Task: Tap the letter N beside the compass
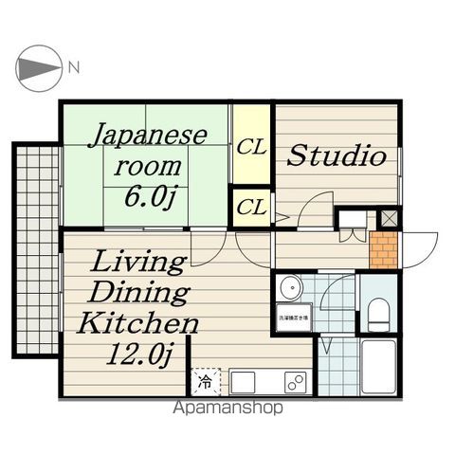click(x=74, y=67)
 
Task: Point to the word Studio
click(x=337, y=155)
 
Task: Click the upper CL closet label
click(x=251, y=148)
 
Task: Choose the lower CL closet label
click(x=251, y=207)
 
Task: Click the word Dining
click(x=142, y=291)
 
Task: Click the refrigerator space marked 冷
click(x=205, y=382)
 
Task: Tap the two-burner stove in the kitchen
click(x=296, y=383)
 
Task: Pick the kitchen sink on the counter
click(x=243, y=383)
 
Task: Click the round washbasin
click(x=289, y=287)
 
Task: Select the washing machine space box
click(x=292, y=318)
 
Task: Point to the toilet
click(x=378, y=311)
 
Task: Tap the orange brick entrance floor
click(x=384, y=250)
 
